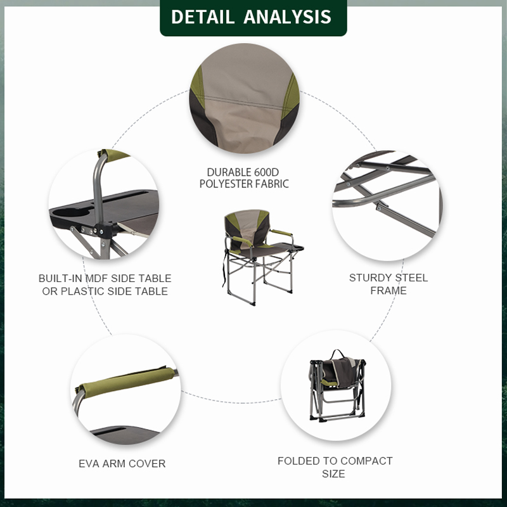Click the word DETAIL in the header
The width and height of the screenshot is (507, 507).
pyautogui.click(x=202, y=17)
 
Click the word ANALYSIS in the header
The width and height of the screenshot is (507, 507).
pyautogui.click(x=288, y=17)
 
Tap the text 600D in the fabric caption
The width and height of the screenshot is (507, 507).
pyautogui.click(x=266, y=172)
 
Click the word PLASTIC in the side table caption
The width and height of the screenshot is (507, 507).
pyautogui.click(x=82, y=292)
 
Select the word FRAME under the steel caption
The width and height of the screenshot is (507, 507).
pyautogui.click(x=388, y=291)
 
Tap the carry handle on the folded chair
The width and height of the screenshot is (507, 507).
pyautogui.click(x=338, y=354)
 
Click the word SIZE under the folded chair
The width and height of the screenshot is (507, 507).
pyautogui.click(x=333, y=473)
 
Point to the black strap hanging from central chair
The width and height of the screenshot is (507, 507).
pyautogui.click(x=224, y=269)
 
